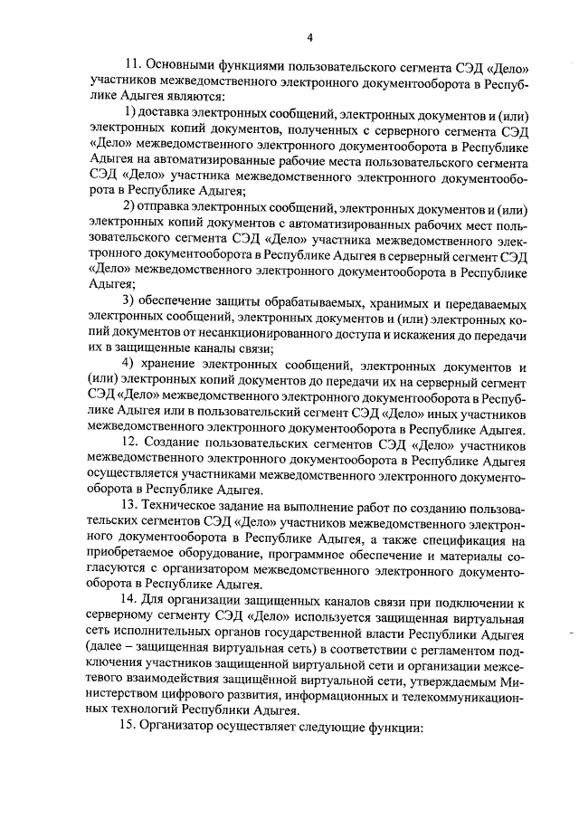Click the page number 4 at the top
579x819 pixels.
coord(309,37)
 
